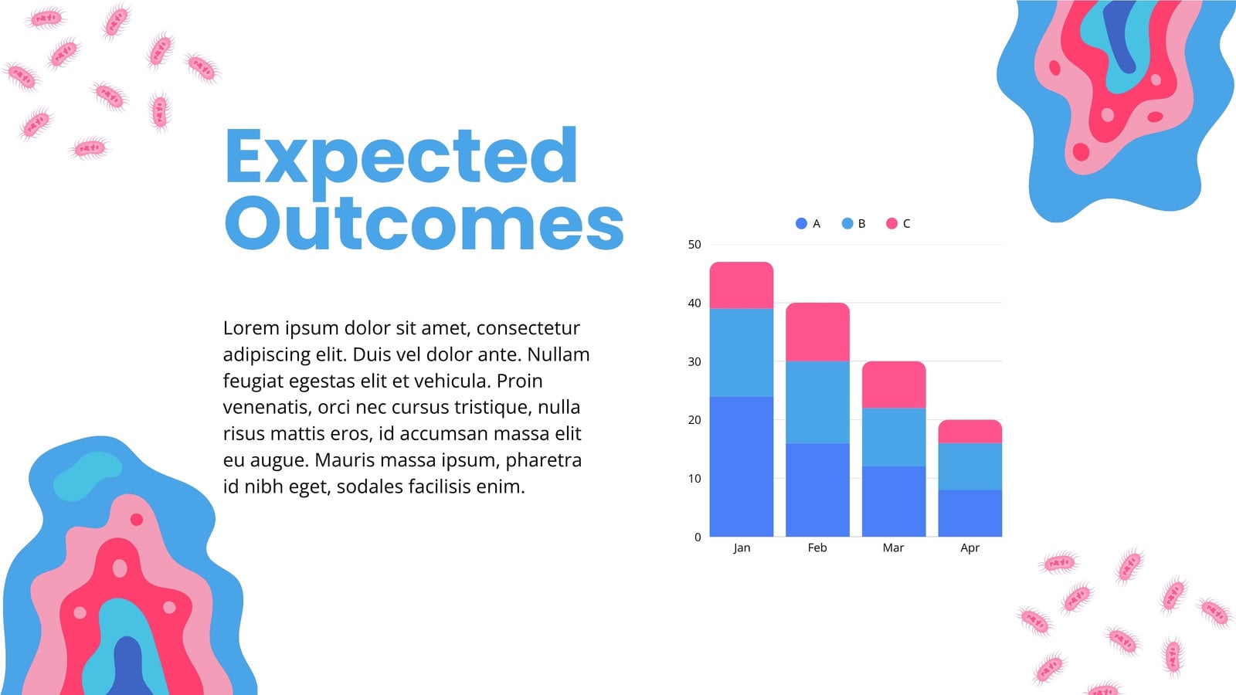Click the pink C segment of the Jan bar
point(741,285)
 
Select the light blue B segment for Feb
point(817,402)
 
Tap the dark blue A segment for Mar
point(894,501)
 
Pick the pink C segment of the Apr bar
point(970,432)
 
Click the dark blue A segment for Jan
point(741,466)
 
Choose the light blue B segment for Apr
point(970,466)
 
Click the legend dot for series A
point(801,223)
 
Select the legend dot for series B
point(847,223)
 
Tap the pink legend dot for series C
point(891,223)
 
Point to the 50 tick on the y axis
point(694,244)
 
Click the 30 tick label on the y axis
point(694,362)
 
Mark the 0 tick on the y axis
point(698,537)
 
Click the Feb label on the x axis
point(817,548)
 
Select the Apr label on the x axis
point(970,548)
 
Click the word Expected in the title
point(401,158)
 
